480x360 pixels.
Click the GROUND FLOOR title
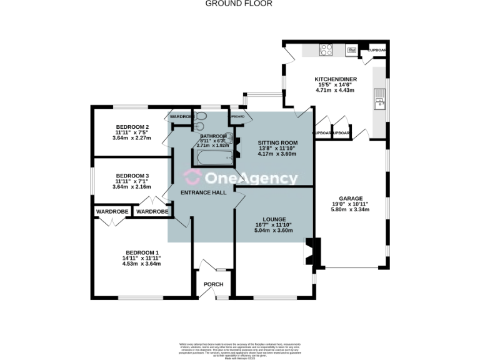click(x=239, y=3)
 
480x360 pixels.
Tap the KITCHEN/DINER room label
click(x=335, y=79)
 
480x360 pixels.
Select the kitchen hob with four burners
click(x=326, y=50)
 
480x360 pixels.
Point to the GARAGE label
click(x=350, y=197)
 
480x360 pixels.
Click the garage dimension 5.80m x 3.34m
click(x=350, y=209)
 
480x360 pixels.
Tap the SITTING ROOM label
click(x=277, y=142)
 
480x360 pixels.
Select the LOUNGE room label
click(x=274, y=219)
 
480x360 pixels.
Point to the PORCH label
click(x=214, y=284)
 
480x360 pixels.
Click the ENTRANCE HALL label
click(x=203, y=192)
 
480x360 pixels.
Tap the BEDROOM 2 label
click(x=131, y=126)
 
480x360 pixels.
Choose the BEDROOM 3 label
click(x=132, y=176)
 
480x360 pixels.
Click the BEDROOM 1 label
click(x=141, y=252)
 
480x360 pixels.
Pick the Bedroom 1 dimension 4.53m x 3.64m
click(x=141, y=264)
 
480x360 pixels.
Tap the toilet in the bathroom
click(x=202, y=116)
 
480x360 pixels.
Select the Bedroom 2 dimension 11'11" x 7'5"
click(x=132, y=132)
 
